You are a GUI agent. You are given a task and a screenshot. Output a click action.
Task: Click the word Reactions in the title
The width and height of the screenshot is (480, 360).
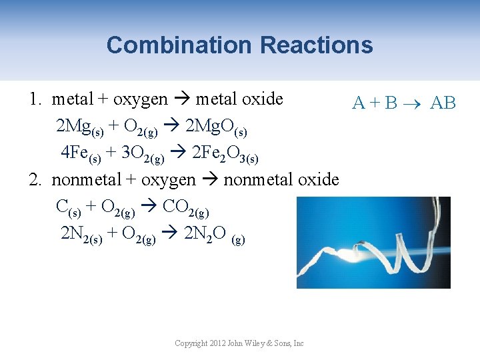click(x=316, y=45)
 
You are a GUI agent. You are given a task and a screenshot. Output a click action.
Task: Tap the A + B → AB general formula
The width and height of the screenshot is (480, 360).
click(x=404, y=103)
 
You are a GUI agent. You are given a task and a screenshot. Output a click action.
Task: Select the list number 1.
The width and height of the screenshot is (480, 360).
click(x=34, y=99)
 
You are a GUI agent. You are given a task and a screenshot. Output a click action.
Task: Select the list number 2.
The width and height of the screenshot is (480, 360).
click(x=34, y=179)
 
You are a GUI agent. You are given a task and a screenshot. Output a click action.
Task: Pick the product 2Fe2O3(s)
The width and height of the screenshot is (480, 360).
click(x=224, y=154)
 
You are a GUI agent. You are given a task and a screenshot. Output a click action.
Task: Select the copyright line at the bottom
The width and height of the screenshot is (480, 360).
click(x=239, y=343)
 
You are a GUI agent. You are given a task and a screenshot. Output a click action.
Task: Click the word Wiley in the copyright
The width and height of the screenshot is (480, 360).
click(x=259, y=343)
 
